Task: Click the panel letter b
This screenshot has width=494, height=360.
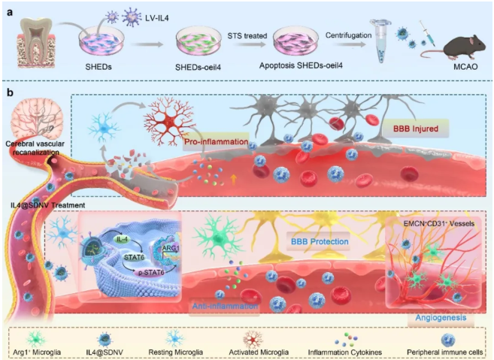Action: [x=10, y=92]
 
